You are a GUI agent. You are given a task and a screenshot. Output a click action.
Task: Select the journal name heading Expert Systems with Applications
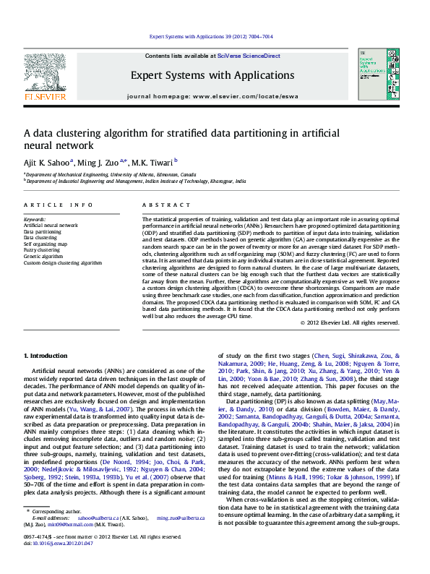[212, 75]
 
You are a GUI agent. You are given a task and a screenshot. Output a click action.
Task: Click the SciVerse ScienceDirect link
[254, 56]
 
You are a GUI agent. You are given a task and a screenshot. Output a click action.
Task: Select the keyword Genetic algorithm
[43, 257]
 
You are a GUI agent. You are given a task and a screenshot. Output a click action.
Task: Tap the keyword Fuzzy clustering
[42, 250]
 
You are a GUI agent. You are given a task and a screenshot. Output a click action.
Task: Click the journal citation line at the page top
[211, 36]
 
